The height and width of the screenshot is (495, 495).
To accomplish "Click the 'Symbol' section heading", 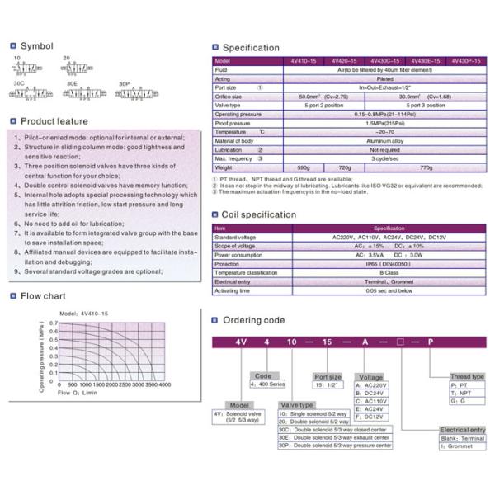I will point(37,47).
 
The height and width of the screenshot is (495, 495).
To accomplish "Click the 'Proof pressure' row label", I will point(233,121).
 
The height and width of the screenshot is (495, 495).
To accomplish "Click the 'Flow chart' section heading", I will point(42,295).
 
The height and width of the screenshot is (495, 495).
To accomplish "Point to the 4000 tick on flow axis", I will point(164,384).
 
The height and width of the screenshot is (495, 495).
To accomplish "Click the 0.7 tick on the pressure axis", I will point(54,323).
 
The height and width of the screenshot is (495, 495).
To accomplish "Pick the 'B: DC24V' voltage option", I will point(369,392).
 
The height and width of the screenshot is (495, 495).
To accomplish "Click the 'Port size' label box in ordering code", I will point(328,376).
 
